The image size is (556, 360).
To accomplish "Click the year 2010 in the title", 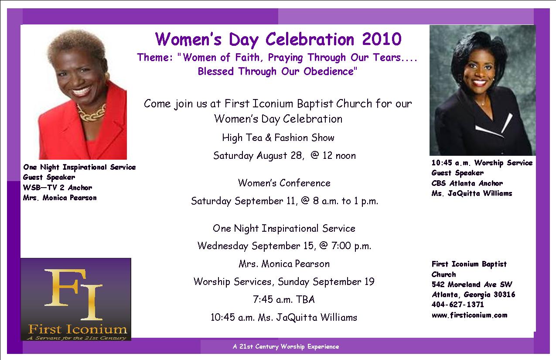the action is click(x=382, y=39).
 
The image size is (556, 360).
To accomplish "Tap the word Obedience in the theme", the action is click(x=328, y=72).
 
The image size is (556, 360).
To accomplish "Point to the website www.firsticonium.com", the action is click(x=469, y=315).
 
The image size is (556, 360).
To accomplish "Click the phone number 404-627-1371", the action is click(x=458, y=305).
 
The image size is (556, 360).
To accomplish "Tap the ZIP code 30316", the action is click(x=505, y=295).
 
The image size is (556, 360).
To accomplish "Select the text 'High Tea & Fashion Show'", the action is click(x=278, y=137).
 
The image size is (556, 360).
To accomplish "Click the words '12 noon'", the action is click(x=339, y=155).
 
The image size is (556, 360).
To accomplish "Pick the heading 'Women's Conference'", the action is click(x=284, y=183).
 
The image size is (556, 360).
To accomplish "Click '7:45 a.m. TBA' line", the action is click(x=284, y=299).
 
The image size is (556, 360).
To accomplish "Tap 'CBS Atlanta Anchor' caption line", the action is click(x=467, y=183).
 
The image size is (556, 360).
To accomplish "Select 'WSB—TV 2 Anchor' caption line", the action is click(x=57, y=188).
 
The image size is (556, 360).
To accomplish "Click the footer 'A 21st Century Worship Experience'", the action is click(x=286, y=346).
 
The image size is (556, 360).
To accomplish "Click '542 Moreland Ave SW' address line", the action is click(x=472, y=285).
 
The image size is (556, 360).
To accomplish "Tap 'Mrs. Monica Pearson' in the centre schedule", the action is click(x=284, y=264).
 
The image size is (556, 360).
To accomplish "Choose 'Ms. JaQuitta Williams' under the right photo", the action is click(x=471, y=193).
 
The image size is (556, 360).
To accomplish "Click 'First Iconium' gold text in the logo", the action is click(x=78, y=330).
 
